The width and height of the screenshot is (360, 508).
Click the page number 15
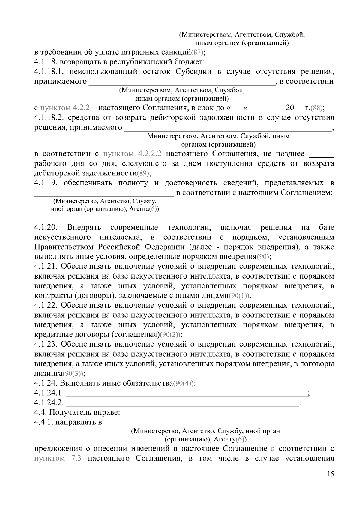click(330, 474)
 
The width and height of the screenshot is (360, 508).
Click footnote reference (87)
click(197, 52)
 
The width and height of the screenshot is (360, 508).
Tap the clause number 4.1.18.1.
click(49, 72)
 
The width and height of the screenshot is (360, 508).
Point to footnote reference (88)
click(317, 108)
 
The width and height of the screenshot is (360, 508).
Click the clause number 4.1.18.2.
click(49, 118)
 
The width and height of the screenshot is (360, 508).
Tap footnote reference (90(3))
click(74, 374)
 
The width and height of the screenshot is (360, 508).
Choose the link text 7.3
click(76, 459)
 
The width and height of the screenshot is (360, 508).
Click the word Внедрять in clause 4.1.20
click(84, 228)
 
